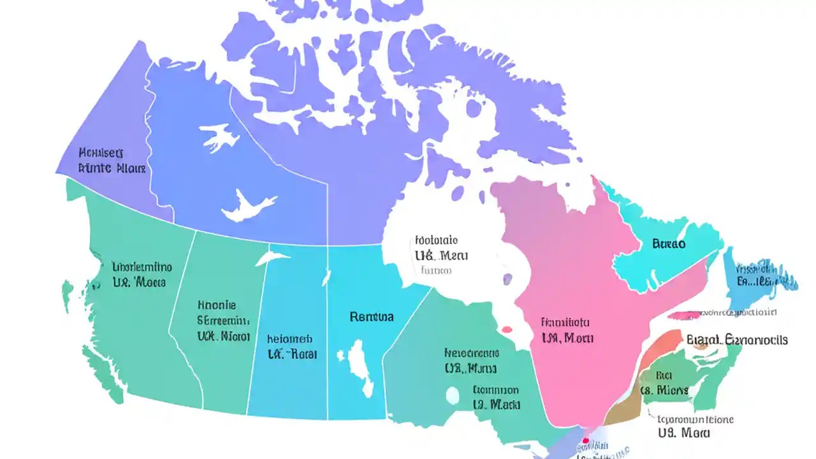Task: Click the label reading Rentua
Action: pyautogui.click(x=372, y=316)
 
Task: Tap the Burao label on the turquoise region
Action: pyautogui.click(x=669, y=244)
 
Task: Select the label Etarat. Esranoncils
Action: pyautogui.click(x=737, y=340)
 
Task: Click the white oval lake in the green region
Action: pyautogui.click(x=452, y=396)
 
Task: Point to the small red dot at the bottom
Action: pyautogui.click(x=585, y=440)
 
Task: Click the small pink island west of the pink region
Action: pyautogui.click(x=507, y=330)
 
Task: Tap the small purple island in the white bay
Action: pyautogui.click(x=507, y=279)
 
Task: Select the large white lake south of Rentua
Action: pyautogui.click(x=360, y=367)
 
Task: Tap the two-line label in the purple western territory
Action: pyautogui.click(x=112, y=161)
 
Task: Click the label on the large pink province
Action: pyautogui.click(x=566, y=330)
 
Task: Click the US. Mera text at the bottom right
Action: pyautogui.click(x=684, y=433)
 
